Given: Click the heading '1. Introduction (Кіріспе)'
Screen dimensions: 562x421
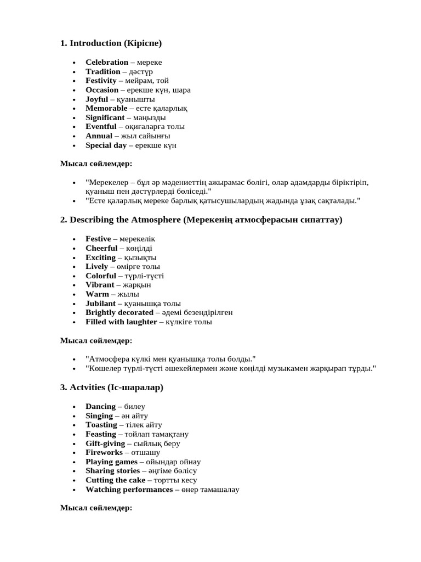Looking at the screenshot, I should click(x=111, y=43).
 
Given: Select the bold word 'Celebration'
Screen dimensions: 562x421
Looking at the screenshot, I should click(x=107, y=63).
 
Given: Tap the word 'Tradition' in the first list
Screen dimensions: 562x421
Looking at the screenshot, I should click(x=103, y=72).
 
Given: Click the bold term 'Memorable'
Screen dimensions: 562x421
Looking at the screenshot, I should click(x=106, y=108).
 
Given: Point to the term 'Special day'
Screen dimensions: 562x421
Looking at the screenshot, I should click(x=106, y=145).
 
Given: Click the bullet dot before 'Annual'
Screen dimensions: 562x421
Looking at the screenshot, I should click(x=75, y=136).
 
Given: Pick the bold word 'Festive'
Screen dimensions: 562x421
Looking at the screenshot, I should click(x=98, y=239).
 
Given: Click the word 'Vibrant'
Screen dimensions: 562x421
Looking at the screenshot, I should click(x=100, y=285).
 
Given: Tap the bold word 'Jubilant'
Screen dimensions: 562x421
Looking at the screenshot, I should click(x=100, y=304).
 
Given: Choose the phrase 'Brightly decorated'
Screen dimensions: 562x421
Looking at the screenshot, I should click(x=119, y=312).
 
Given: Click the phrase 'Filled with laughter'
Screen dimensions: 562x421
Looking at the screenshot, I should click(x=121, y=322).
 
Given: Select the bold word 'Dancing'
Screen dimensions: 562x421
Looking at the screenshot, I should click(x=100, y=407).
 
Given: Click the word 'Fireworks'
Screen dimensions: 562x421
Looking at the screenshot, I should click(x=104, y=453).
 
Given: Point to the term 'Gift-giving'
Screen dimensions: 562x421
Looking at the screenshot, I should click(x=105, y=443).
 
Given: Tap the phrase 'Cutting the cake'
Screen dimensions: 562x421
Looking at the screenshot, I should click(x=115, y=480).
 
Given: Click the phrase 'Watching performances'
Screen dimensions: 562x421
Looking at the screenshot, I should click(x=129, y=490).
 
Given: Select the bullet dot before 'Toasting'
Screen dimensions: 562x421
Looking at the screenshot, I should click(x=75, y=425).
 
